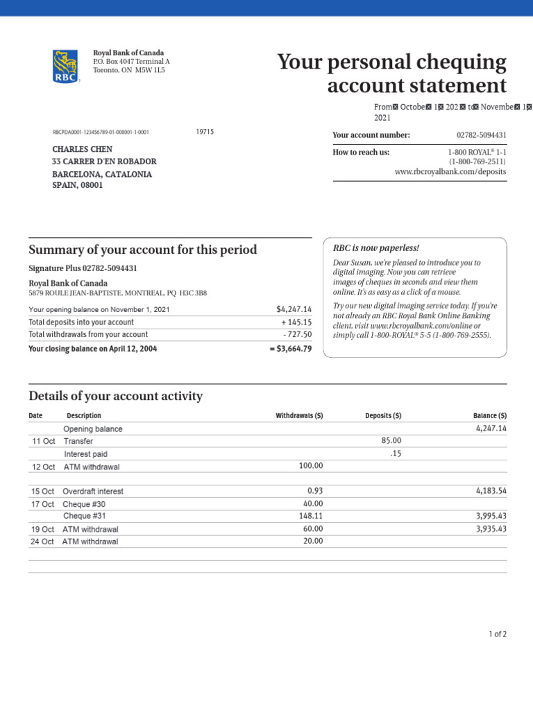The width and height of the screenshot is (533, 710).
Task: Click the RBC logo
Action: point(65,67)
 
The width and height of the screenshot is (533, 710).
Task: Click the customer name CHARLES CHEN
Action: point(83,149)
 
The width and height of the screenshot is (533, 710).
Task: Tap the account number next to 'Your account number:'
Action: point(481,135)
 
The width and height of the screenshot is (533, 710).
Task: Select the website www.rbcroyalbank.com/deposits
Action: point(450,171)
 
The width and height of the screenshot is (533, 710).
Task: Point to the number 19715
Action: point(205,132)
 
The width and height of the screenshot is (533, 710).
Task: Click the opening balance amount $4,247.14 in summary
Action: point(294,309)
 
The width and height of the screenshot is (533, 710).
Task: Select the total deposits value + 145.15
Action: point(296,322)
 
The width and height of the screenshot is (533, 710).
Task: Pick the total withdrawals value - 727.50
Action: point(297,335)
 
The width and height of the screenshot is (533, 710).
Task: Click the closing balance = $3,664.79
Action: point(290,349)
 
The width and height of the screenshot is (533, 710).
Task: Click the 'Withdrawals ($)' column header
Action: point(299,416)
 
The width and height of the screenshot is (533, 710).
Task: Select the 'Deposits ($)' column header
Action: point(383,416)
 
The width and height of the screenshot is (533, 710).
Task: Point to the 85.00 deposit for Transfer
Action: point(391,441)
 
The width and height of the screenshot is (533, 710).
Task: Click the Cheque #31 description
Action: point(85,516)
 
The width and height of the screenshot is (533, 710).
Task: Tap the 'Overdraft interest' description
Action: point(94,491)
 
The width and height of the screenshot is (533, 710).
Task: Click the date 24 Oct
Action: point(42,542)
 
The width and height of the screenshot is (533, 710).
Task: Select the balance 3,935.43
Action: point(490,528)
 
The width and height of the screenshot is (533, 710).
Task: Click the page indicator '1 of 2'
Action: point(498,634)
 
